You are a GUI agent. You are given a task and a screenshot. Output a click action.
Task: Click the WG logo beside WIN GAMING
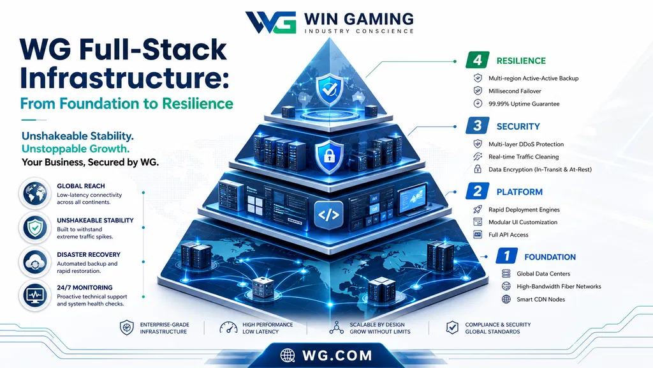270,22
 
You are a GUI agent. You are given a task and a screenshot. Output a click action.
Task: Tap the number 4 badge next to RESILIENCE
477,61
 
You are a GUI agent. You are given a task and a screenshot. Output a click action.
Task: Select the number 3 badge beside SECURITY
477,126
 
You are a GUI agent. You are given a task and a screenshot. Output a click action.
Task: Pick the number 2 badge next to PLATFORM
477,191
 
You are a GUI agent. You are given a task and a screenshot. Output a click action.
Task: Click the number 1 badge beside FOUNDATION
506,256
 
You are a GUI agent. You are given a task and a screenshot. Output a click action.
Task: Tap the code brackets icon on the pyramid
328,215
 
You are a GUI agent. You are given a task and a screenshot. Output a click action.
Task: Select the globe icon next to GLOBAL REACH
35,194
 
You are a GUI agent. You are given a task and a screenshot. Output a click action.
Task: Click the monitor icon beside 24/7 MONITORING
35,295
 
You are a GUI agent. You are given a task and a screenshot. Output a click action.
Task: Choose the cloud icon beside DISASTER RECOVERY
35,262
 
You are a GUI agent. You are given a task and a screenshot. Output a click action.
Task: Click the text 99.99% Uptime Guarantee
524,104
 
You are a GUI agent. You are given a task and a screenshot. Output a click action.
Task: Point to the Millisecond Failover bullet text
515,91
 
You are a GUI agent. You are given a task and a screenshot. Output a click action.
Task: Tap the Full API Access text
508,235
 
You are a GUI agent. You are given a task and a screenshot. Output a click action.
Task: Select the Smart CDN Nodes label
541,299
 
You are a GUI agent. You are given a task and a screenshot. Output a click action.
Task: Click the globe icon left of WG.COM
288,355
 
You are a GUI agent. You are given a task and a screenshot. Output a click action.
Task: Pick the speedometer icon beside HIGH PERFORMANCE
228,328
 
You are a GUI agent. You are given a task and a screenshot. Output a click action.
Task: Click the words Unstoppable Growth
75,148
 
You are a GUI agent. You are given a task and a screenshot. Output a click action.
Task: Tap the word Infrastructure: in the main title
124,77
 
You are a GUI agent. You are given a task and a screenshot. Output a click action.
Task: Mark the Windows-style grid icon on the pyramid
255,206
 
